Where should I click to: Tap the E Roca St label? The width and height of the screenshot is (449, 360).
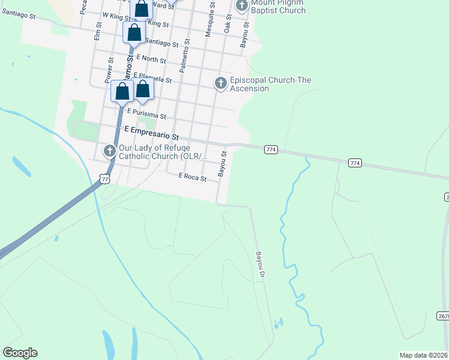click(x=193, y=177)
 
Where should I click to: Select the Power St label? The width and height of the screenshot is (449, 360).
click(x=109, y=70)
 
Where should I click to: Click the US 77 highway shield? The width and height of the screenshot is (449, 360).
click(x=105, y=179)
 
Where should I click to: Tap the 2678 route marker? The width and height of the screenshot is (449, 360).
click(x=442, y=316)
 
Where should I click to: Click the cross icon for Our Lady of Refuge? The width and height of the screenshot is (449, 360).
click(x=109, y=151)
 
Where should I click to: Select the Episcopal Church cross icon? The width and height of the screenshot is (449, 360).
click(x=220, y=83)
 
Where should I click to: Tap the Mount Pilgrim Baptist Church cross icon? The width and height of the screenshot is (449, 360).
click(x=241, y=7)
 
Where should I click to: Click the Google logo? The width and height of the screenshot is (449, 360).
click(x=20, y=353)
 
